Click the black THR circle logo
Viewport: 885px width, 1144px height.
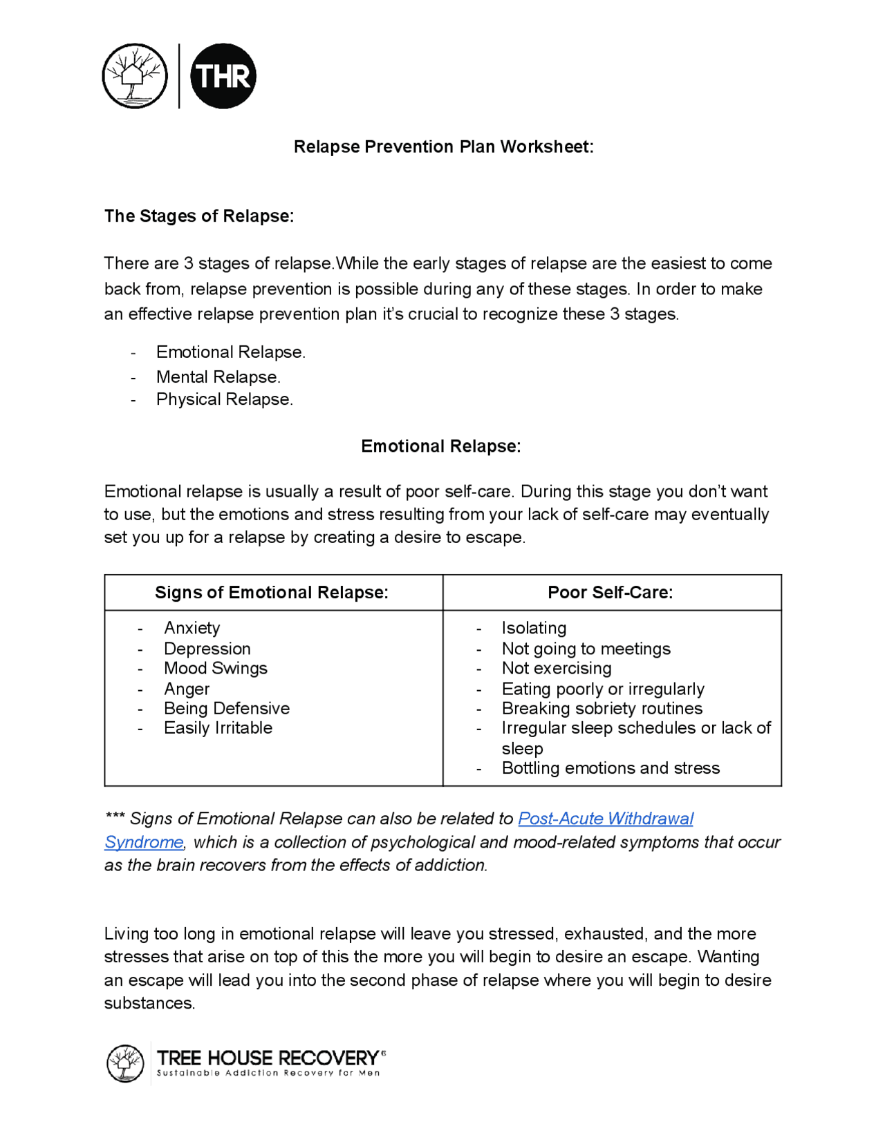click(x=223, y=76)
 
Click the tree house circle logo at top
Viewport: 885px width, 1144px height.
click(x=135, y=76)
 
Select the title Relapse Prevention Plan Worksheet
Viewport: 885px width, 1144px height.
click(x=443, y=146)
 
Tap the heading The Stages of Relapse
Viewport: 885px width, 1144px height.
click(x=199, y=216)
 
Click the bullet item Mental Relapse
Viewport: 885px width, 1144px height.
click(x=218, y=376)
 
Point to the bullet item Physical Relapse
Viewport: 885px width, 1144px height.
click(x=224, y=399)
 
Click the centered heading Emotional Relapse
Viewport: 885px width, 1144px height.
click(x=441, y=446)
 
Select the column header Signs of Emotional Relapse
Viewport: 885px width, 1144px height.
click(x=272, y=593)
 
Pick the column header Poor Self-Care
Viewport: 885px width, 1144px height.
click(x=611, y=593)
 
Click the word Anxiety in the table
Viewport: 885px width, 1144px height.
click(x=192, y=628)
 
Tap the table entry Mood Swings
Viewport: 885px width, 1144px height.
click(x=216, y=668)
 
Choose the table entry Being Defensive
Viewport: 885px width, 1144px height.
click(x=227, y=708)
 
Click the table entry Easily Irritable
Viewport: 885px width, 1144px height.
click(x=218, y=727)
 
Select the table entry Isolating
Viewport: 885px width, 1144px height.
click(x=534, y=628)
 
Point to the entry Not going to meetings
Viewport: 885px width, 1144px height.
click(x=586, y=649)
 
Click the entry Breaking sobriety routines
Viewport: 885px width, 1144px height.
click(x=602, y=708)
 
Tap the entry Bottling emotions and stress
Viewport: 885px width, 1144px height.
click(x=611, y=768)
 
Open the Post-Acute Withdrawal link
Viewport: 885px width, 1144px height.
click(x=606, y=819)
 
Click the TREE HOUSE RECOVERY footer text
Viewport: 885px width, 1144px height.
click(x=268, y=1058)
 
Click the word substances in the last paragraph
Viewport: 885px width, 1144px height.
click(x=149, y=1003)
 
